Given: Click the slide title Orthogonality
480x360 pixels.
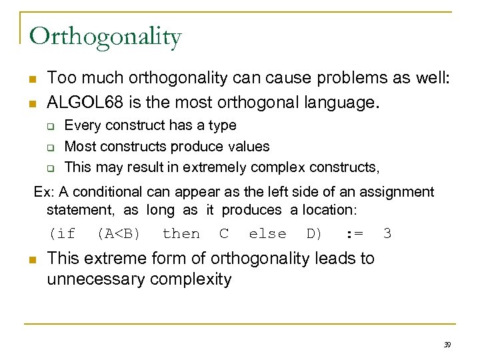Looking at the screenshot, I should click(105, 37).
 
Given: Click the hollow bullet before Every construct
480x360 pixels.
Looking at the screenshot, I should click(50, 125).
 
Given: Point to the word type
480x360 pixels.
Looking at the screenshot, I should click(221, 125).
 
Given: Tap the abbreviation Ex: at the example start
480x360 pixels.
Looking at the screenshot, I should click(43, 192).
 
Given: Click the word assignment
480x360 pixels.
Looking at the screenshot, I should click(397, 192).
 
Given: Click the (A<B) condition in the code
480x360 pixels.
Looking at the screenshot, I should click(118, 234).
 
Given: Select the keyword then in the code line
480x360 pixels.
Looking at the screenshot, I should click(181, 234).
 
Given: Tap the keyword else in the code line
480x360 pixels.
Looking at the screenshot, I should click(267, 234).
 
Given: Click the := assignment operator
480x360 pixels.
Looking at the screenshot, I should click(354, 234).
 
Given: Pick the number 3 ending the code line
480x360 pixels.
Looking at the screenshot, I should click(387, 234).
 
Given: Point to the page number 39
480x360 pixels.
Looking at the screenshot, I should click(447, 344).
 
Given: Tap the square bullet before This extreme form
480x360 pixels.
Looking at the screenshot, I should click(32, 258).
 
